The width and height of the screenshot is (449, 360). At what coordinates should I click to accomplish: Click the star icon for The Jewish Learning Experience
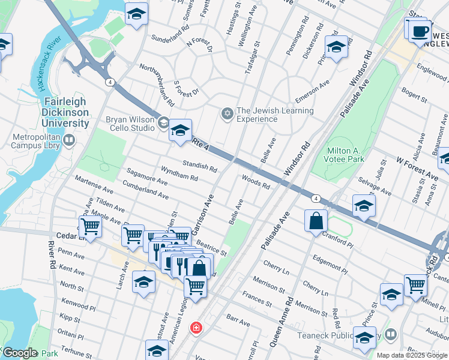[x=228, y=113]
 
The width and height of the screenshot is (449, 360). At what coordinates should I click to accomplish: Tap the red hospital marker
[x=196, y=328]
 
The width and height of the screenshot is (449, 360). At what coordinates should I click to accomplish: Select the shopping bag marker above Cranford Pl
[x=316, y=221]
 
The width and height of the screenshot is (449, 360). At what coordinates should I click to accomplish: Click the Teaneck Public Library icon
[x=391, y=334]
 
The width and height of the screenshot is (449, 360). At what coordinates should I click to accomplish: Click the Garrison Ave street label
[x=202, y=214]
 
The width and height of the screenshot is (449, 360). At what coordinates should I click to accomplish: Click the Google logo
[x=20, y=353]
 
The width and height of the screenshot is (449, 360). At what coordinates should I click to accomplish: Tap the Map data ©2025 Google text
[x=412, y=355]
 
